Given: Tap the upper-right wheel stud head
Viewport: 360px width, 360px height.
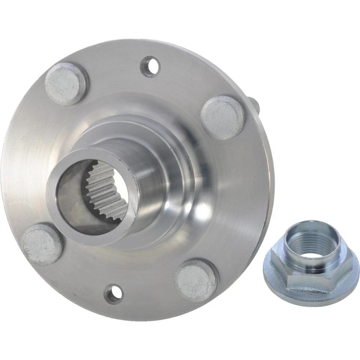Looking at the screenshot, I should (x=222, y=117).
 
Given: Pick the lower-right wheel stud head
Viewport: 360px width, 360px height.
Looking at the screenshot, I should (x=196, y=280).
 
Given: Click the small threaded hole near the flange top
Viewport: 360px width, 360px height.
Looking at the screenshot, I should (x=150, y=66).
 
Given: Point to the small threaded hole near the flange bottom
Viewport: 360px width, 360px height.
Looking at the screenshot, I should (x=113, y=293).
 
